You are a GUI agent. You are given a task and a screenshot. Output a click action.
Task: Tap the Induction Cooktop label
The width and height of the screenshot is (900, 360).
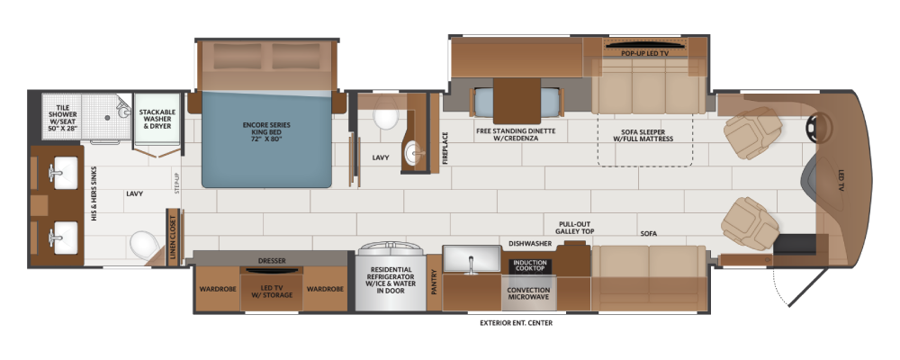pos(528,265)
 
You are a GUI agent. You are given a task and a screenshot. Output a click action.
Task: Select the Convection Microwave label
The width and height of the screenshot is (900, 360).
pos(528,293)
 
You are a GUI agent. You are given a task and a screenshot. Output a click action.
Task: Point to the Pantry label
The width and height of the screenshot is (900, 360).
pos(434,282)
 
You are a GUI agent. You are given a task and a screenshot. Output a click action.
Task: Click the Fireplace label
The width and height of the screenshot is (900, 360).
pos(445,148)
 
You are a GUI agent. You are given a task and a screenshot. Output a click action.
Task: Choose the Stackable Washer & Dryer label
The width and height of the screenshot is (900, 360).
pos(157,119)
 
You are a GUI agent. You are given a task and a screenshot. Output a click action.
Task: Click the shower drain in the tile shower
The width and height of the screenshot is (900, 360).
pos(107,117)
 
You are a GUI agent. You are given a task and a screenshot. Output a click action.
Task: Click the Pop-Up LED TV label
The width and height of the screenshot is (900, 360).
pos(644,53)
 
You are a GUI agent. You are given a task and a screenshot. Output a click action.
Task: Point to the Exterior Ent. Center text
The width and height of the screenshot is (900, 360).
pos(516,323)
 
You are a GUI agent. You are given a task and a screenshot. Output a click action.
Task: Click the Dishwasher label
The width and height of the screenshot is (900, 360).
pos(530,243)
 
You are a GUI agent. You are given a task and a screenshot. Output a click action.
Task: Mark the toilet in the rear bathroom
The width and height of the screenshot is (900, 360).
pos(143,245)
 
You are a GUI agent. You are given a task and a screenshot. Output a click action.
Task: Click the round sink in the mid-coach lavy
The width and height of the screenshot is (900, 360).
pos(414,153)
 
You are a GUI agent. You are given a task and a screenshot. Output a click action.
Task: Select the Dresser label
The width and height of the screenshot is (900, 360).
pos(272,261)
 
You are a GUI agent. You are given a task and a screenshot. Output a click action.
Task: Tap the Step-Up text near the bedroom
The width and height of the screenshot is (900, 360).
pos(176,182)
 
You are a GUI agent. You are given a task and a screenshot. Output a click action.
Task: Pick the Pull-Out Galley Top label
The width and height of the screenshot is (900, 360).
pos(574,228)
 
